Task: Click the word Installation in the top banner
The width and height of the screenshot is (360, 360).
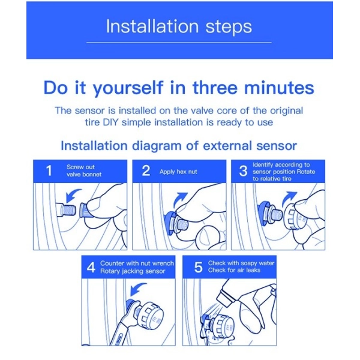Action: coord(152,26)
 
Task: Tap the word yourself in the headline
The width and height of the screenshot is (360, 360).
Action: coord(128,88)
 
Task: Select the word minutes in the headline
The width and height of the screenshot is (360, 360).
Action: coord(279,88)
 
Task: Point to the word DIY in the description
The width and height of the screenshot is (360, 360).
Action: coord(110,122)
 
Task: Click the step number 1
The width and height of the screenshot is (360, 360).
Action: coord(49,171)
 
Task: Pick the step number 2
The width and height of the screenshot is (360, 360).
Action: coord(146,170)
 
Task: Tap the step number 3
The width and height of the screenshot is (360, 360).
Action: coord(243,171)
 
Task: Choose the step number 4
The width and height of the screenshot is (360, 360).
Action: coord(91,267)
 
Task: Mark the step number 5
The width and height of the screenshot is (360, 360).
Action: coord(199,267)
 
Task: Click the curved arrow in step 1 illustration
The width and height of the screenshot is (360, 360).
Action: coord(71,194)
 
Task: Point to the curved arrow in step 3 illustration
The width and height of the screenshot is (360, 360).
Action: coord(289,198)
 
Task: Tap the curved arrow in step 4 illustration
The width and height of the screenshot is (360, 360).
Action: coord(137,289)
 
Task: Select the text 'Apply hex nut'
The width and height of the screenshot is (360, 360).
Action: coord(178,172)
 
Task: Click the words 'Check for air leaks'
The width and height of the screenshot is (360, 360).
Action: coord(234,270)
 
